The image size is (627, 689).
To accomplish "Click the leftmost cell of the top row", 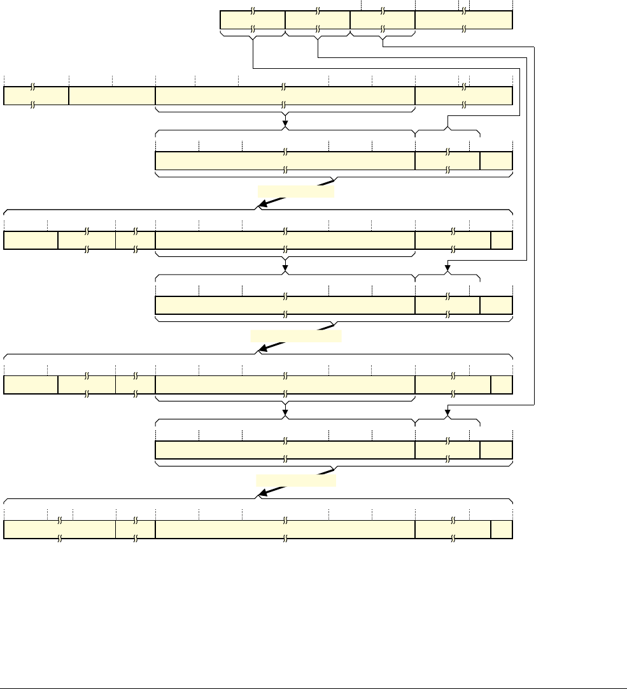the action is click(252, 20).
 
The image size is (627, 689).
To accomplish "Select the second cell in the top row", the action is click(318, 20).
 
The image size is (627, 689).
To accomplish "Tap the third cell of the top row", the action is click(383, 20).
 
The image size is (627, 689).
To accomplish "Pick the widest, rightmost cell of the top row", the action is click(463, 20).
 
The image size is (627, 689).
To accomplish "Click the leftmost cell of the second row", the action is click(36, 96).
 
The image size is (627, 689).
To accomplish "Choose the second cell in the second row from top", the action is click(112, 96).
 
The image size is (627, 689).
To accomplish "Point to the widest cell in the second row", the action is click(285, 96).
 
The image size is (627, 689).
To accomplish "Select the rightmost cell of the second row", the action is click(463, 96).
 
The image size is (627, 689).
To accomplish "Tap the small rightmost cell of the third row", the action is click(496, 161).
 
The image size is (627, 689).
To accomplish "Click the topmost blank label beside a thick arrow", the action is click(295, 191).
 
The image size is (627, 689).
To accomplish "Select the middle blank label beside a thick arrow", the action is click(296, 337).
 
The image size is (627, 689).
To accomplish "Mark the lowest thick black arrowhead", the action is click(261, 494).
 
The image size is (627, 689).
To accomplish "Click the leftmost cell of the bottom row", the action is click(59, 530).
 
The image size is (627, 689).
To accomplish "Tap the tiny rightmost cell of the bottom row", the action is click(502, 530).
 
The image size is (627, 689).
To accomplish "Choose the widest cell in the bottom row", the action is click(285, 530).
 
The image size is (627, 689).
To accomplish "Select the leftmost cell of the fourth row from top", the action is click(31, 240).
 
